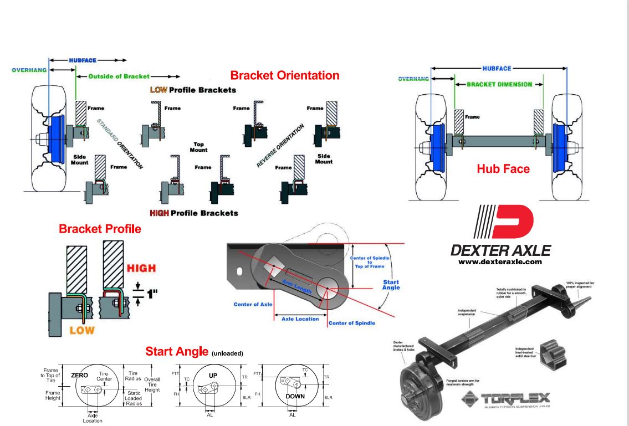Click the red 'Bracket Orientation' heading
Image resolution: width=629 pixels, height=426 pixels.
(284, 75)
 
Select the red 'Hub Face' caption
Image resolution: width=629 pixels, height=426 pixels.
(503, 169)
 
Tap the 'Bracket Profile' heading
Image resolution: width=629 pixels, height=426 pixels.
(100, 229)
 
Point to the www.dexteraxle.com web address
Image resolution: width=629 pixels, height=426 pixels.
(500, 261)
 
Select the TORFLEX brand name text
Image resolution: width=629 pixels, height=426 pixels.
(515, 398)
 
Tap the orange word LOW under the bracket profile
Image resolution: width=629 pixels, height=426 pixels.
(81, 330)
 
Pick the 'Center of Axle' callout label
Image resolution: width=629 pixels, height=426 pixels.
(253, 304)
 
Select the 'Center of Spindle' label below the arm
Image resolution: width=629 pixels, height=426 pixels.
(351, 323)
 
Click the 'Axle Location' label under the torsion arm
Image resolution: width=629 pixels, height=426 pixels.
(300, 319)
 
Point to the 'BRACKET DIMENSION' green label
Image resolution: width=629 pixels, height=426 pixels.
(499, 85)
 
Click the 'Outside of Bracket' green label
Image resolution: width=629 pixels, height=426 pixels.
(119, 76)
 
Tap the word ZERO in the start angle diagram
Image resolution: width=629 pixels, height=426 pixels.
(80, 375)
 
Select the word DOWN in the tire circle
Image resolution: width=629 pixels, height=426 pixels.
(295, 397)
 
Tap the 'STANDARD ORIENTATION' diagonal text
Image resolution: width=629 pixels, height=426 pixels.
(120, 143)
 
